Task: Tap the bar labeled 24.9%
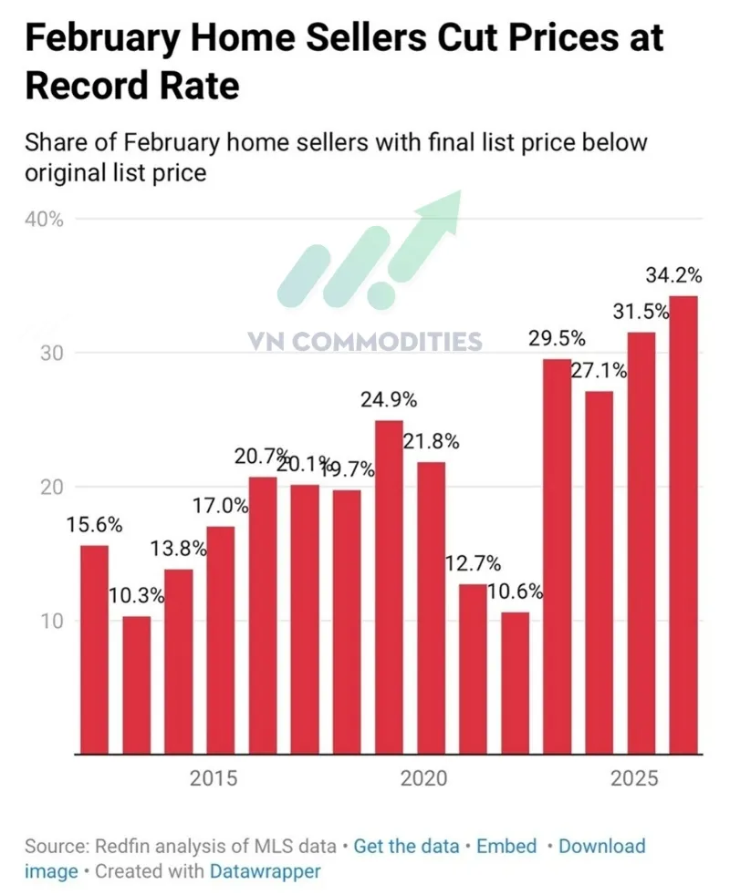pos(389,587)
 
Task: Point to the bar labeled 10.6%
pos(515,683)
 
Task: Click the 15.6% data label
pos(94,525)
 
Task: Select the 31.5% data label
pos(640,311)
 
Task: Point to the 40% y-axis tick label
pos(44,220)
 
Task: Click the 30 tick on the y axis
pos(36,354)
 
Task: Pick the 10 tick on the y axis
pos(36,622)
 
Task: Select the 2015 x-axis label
pos(214,779)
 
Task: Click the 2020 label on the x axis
pos(423,779)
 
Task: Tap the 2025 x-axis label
pos(634,779)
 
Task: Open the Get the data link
pos(406,846)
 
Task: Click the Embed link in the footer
pos(506,846)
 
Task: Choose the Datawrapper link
pos(266,871)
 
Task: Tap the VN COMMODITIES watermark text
pos(365,342)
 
